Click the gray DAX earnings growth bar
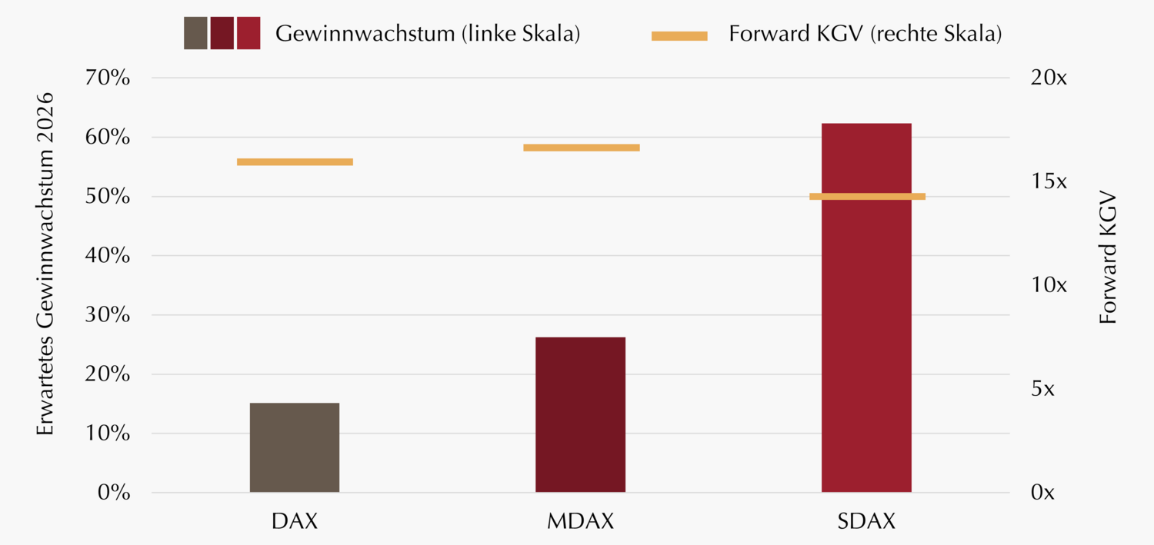[x=295, y=447]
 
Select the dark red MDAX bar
[x=580, y=414]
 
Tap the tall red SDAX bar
[x=866, y=307]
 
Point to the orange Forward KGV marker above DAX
[x=295, y=161]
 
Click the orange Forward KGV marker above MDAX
[x=582, y=148]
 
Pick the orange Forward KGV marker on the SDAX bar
[x=867, y=196]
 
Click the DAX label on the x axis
[x=295, y=521]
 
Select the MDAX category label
[x=581, y=521]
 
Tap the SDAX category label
[x=866, y=521]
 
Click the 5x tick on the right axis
[x=1042, y=389]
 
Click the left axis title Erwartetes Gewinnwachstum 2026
[x=46, y=264]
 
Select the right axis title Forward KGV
[x=1108, y=256]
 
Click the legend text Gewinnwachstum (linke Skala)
[x=427, y=35]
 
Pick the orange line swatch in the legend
[x=679, y=35]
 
